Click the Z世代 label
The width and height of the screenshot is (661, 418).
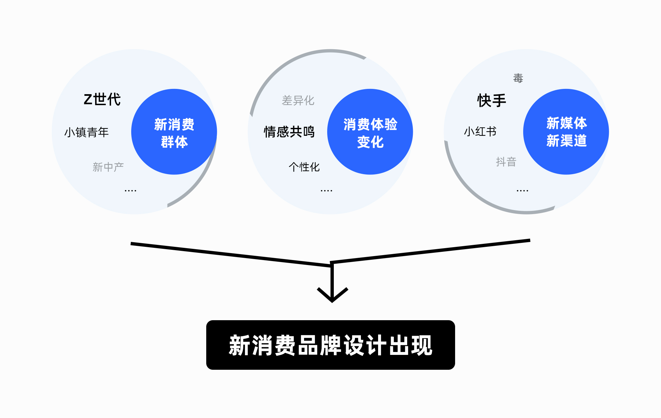[102, 99]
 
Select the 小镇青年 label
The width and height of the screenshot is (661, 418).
[86, 132]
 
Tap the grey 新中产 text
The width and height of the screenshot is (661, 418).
[108, 167]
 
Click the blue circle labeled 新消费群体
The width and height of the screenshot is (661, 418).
[174, 132]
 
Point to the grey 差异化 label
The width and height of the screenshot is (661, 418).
[298, 100]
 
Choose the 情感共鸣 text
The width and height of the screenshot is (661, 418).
[289, 132]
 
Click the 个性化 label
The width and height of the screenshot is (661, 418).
[304, 167]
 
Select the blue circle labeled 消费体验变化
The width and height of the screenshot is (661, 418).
[370, 132]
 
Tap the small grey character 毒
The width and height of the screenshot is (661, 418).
[518, 78]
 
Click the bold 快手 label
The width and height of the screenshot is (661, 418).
[491, 100]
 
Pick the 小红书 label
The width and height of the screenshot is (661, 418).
[480, 132]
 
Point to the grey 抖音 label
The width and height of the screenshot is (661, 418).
[506, 162]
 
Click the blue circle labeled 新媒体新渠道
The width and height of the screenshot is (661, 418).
[566, 132]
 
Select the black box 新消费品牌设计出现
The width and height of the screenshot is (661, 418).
[330, 345]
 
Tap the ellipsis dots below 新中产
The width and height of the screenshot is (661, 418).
[130, 190]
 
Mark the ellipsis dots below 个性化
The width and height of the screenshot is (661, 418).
[326, 190]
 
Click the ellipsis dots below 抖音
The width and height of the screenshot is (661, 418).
[522, 190]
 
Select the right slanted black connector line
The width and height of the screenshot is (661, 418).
[430, 252]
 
